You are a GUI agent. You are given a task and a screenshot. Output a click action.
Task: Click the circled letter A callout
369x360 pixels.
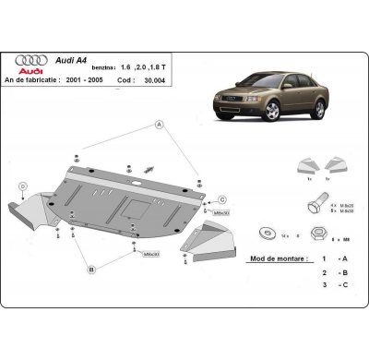coord(160,124)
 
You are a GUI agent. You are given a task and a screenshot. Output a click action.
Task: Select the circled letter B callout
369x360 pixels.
coord(91,270)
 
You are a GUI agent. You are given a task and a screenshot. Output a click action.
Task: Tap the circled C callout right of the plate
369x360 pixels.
coord(222,198)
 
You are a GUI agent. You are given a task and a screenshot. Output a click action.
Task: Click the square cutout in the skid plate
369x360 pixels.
coord(133,202)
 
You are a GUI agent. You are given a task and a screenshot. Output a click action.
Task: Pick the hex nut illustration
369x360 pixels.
coord(311,232)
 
